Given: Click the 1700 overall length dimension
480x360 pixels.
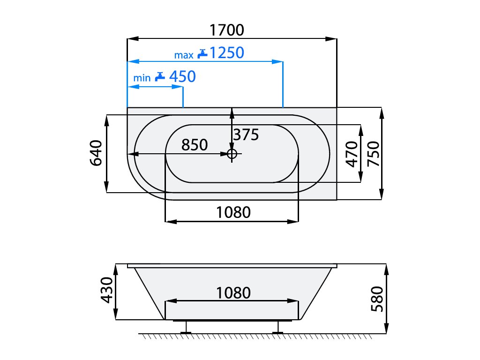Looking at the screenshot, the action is [x=226, y=30].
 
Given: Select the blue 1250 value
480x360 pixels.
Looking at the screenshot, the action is [x=227, y=52].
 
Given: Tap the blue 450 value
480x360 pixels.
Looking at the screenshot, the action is [x=182, y=76].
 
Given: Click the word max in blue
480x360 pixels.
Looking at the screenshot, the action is [x=184, y=55].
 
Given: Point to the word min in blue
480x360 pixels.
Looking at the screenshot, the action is [x=142, y=78].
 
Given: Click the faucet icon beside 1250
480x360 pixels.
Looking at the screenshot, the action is [x=202, y=53].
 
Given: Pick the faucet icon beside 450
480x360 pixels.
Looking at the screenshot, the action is [x=160, y=76].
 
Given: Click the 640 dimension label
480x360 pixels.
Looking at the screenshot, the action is [x=96, y=153].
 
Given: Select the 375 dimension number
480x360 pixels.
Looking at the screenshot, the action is [x=246, y=135].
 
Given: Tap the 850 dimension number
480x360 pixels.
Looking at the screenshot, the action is [x=195, y=145].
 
